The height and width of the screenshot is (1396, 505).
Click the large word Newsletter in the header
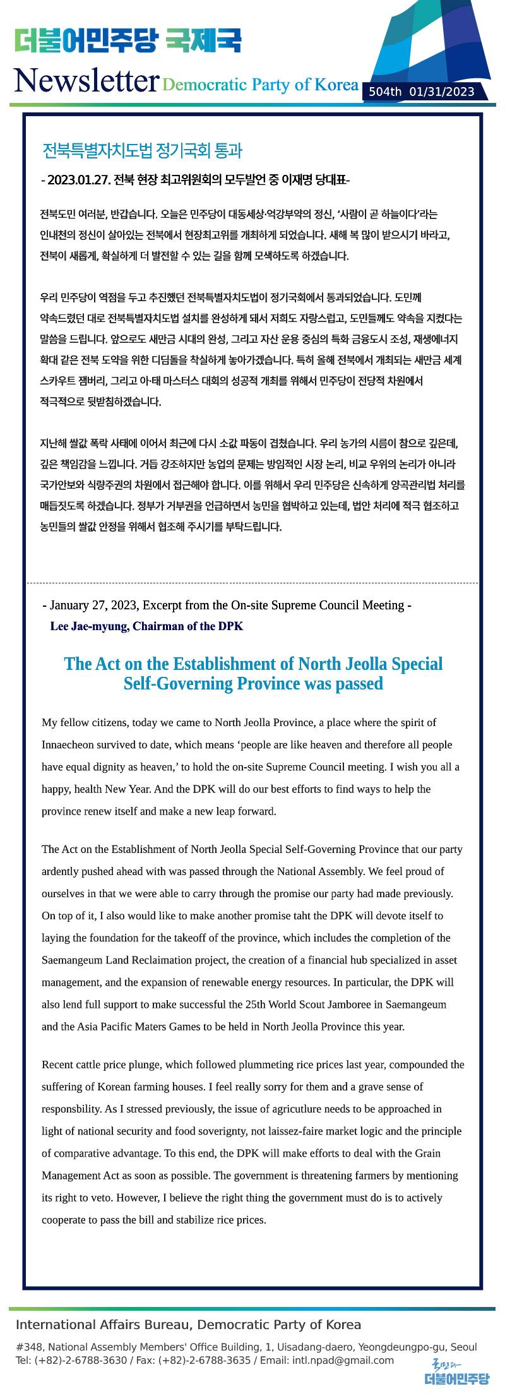tap(85, 80)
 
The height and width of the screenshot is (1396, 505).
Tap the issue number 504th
tap(385, 92)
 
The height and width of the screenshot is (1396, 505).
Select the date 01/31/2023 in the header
tap(442, 92)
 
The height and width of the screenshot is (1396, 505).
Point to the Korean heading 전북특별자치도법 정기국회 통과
tap(142, 151)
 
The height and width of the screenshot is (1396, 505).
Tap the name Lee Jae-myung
tap(90, 626)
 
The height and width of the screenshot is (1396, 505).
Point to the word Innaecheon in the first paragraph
tap(69, 744)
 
